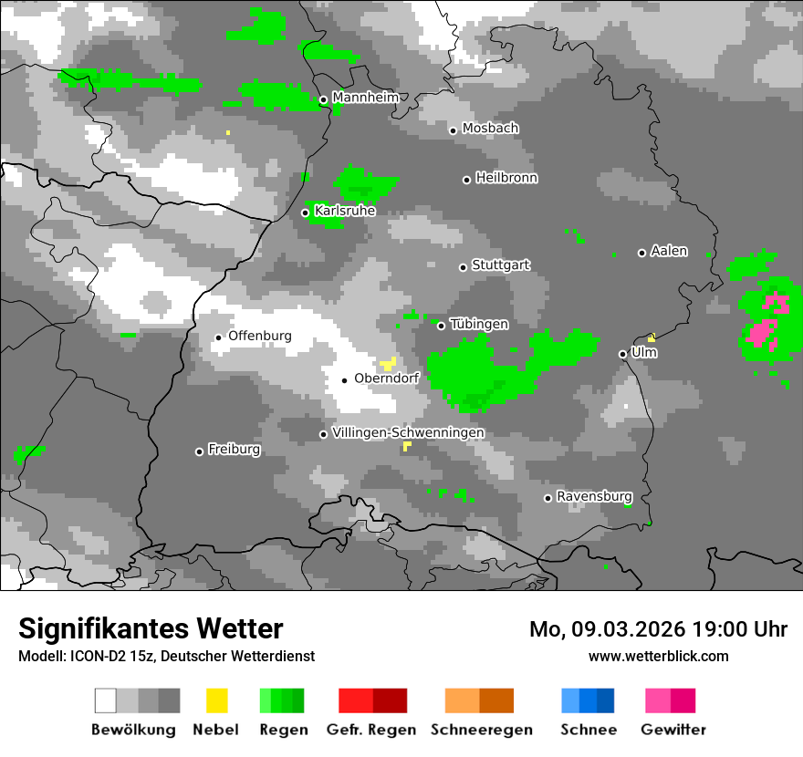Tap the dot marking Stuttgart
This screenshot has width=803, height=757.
(x=463, y=267)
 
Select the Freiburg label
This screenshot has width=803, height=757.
(x=234, y=450)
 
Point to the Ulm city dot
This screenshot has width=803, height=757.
(x=622, y=354)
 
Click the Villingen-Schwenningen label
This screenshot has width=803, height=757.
(x=408, y=432)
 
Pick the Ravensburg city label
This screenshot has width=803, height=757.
(x=594, y=497)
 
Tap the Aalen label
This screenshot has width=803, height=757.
(x=669, y=251)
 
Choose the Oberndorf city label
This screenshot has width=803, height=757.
(x=386, y=379)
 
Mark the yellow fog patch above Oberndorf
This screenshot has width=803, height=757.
(x=388, y=363)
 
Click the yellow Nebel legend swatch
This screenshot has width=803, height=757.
(x=216, y=700)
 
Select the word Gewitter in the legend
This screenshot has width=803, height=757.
(x=673, y=730)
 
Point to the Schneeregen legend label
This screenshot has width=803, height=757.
(x=482, y=730)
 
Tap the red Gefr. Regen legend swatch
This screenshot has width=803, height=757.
(x=372, y=700)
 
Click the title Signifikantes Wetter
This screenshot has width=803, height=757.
(x=151, y=629)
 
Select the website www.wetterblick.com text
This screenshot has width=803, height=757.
(x=658, y=656)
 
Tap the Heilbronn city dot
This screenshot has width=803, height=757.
(x=466, y=180)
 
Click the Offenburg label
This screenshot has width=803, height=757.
(x=259, y=336)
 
